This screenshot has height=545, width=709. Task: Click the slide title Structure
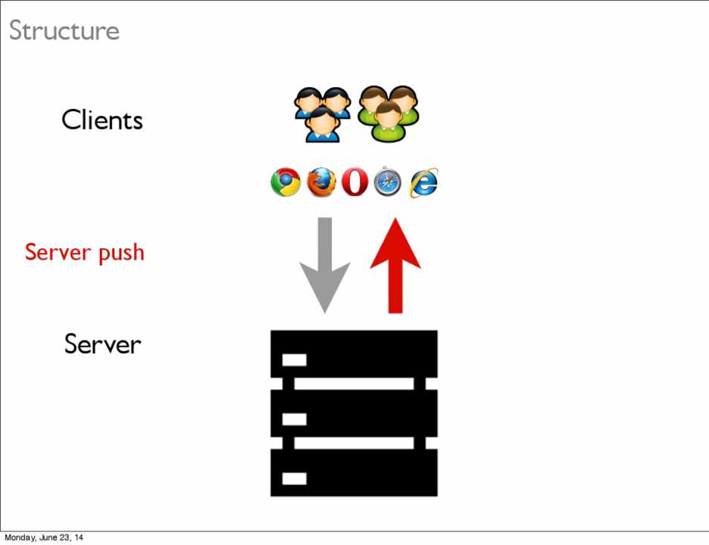pos(64,31)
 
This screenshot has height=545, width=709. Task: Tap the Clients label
pos(102,120)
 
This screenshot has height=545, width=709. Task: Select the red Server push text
pos(84,251)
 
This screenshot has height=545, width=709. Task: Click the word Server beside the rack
pos(102,344)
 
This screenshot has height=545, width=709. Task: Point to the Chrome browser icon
pos(286,182)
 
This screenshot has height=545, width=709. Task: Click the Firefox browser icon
pos(321,182)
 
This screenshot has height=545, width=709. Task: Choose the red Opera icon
pos(354,182)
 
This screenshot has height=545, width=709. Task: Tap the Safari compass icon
pos(387,182)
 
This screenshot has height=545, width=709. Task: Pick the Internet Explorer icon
pos(423,182)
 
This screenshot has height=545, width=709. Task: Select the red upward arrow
pos(395,265)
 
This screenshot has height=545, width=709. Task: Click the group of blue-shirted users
pos(322,114)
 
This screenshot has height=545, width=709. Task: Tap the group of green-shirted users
pos(388,114)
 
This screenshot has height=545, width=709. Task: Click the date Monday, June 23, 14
pos(44,537)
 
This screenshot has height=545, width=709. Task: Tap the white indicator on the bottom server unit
pos(294,478)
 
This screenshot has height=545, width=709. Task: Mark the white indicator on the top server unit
pos(294,360)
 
